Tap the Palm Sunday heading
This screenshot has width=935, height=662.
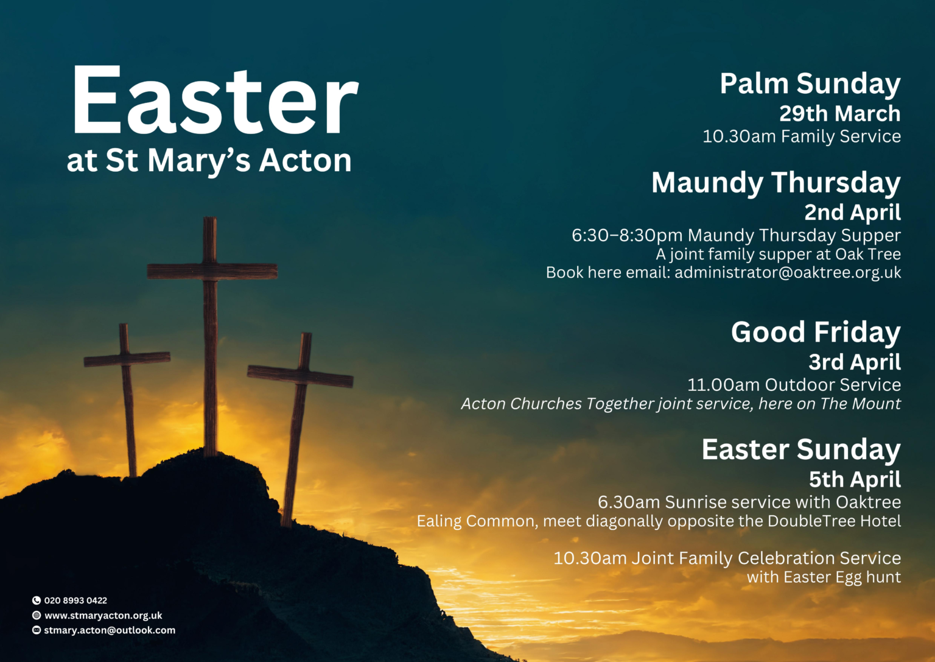(810, 85)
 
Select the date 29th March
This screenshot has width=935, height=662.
(840, 114)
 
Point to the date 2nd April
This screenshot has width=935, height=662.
(852, 212)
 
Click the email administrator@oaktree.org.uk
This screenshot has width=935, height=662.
(788, 272)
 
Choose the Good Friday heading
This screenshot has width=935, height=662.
(816, 333)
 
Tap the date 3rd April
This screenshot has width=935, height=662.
(855, 362)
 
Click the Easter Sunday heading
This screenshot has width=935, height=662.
(801, 450)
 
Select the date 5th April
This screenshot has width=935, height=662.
(855, 479)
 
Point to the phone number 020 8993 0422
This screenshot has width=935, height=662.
(75, 600)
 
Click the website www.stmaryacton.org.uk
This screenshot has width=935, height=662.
(103, 615)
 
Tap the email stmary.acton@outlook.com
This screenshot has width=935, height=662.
(110, 630)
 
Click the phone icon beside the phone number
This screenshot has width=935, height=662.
(37, 600)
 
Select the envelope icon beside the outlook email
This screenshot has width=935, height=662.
(37, 630)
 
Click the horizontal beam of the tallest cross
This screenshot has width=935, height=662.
(212, 272)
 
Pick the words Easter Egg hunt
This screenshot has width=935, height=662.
(842, 577)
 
